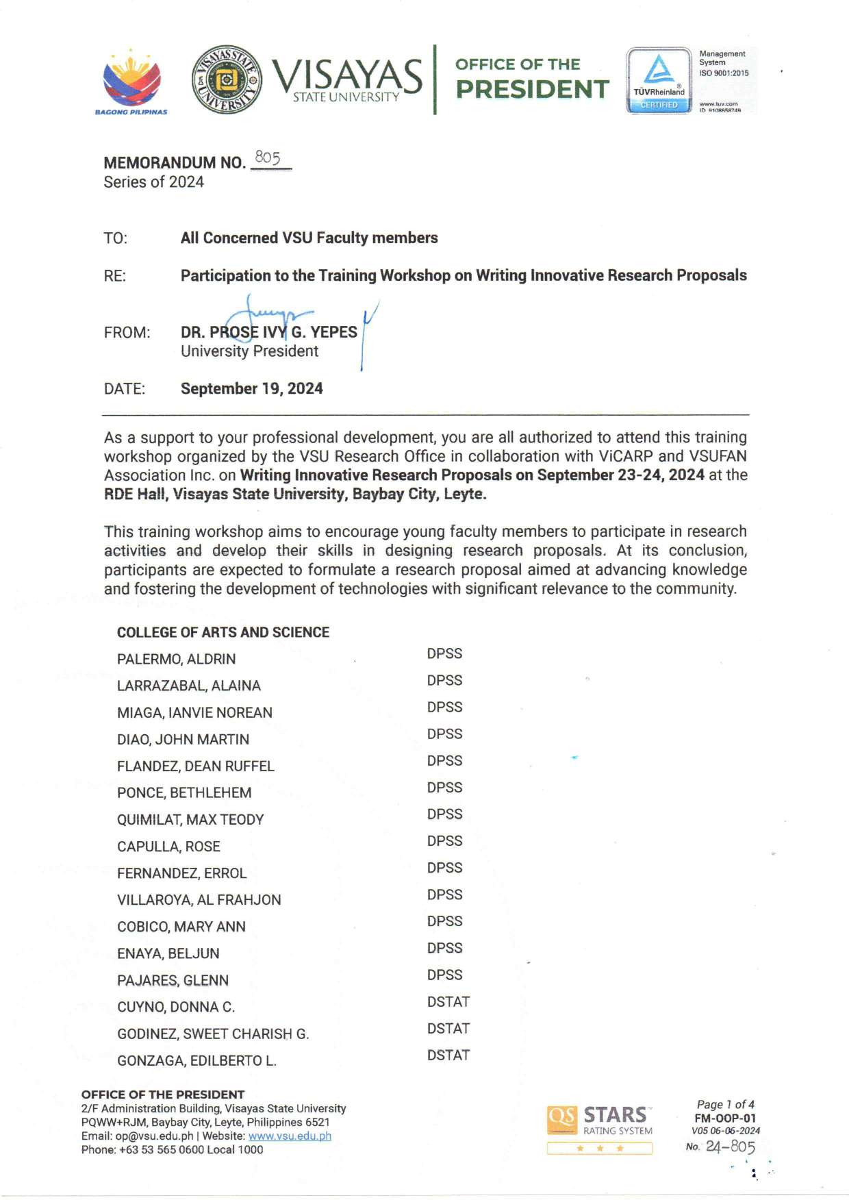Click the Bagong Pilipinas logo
click(131, 81)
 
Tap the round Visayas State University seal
click(227, 79)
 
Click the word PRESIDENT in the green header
click(532, 89)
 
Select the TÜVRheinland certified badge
click(659, 80)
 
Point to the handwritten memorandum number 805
click(268, 158)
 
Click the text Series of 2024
click(154, 182)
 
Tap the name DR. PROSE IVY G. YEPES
click(268, 332)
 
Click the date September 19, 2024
click(251, 389)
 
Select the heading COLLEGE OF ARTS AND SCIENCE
click(223, 632)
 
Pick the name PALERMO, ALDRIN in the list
click(176, 659)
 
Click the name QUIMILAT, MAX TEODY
click(190, 819)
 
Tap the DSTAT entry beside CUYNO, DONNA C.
click(448, 1001)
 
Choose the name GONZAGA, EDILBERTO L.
click(197, 1060)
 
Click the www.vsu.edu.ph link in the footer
click(290, 1136)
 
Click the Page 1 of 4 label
click(725, 1104)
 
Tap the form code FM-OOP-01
click(725, 1118)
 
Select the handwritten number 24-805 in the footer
click(730, 1147)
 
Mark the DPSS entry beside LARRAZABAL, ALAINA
click(444, 680)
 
